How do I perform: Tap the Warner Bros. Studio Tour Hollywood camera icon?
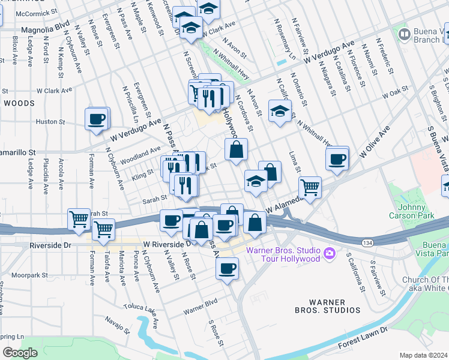click(x=329, y=253)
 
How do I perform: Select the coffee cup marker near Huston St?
click(x=97, y=119)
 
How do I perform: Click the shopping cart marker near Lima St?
click(x=310, y=188)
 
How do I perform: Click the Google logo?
click(x=20, y=353)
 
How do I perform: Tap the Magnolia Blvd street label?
click(x=45, y=28)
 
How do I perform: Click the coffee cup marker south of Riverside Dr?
click(x=227, y=270)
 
